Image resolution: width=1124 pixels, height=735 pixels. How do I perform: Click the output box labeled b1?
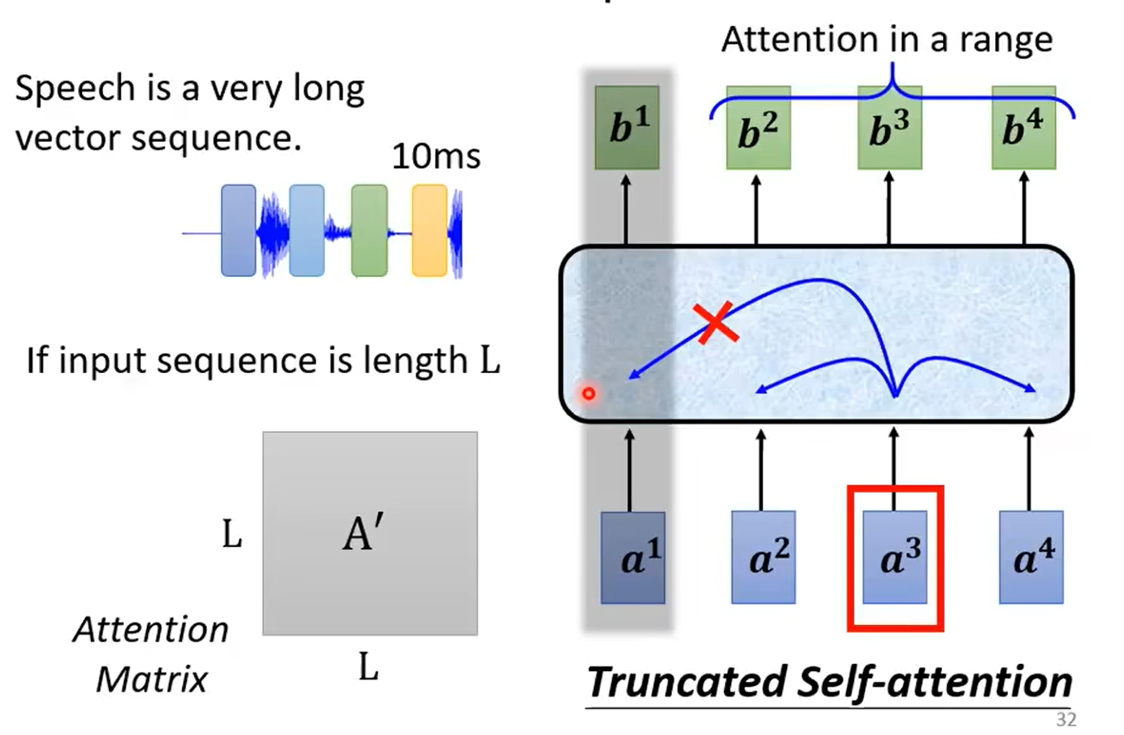click(628, 128)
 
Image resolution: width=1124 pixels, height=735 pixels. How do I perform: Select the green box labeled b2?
click(758, 128)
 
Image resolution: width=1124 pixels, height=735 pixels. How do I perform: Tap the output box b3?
click(890, 128)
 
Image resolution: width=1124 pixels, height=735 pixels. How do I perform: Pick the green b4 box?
click(1024, 128)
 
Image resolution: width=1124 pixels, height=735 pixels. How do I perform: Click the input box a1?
click(633, 557)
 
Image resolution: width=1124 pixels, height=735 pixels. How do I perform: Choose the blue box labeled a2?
click(763, 557)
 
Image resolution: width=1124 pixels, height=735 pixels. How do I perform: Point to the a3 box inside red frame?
click(895, 557)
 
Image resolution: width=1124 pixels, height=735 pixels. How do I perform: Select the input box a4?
click(1030, 557)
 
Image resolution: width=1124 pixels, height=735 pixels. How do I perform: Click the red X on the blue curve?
click(714, 323)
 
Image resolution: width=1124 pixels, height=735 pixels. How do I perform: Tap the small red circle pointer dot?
click(589, 395)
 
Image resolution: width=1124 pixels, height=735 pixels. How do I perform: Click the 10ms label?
click(436, 158)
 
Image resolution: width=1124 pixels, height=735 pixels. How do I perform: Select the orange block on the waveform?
click(430, 230)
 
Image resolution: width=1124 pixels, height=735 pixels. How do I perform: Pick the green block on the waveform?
click(369, 230)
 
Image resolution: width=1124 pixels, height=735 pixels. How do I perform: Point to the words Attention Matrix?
click(152, 653)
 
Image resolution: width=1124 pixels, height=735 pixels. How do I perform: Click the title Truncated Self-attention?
click(829, 681)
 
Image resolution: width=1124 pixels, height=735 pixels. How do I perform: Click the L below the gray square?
click(369, 667)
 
